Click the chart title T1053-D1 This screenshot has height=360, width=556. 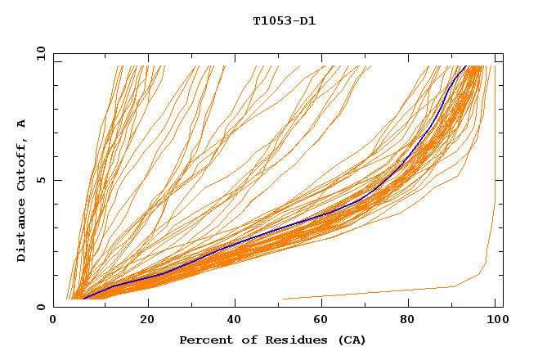284,21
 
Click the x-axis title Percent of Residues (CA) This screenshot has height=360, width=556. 272,340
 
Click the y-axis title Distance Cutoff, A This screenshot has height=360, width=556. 21,190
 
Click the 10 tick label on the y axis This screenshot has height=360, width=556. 40,53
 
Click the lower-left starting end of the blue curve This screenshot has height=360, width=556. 83,298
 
